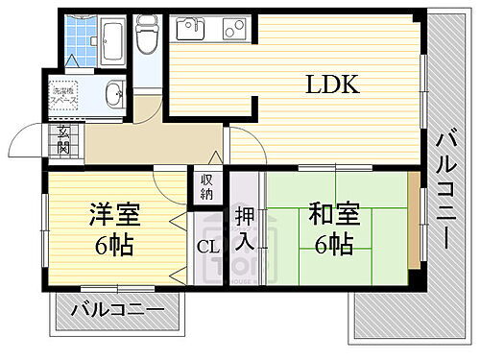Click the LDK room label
332,84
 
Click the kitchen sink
187,30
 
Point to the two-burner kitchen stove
235,30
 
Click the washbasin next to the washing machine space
114,94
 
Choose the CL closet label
208,247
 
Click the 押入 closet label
244,228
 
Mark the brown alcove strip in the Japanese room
414,222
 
